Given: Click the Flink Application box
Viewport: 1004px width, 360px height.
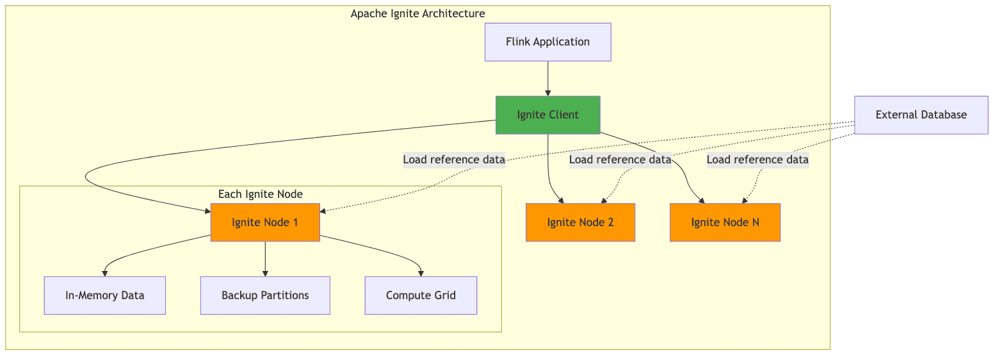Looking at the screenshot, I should [548, 42].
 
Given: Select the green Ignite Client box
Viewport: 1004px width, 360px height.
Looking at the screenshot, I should [548, 115].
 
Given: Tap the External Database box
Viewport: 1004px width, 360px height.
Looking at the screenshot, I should [921, 115].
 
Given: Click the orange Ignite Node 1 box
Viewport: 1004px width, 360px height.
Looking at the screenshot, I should [265, 222].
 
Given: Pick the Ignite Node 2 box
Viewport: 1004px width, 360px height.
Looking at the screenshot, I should [580, 222].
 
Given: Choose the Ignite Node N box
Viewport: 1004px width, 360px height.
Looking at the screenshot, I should [725, 222].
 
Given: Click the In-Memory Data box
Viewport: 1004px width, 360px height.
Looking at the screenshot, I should [105, 295].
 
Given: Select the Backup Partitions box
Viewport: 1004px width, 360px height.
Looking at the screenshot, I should [265, 295].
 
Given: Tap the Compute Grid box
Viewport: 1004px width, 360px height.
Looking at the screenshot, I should [421, 295].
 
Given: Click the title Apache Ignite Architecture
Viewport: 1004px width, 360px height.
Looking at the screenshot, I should [417, 13].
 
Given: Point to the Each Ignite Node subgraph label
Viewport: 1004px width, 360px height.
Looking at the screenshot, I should [260, 194].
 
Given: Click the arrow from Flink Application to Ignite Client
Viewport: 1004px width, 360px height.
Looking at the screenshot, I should [548, 79].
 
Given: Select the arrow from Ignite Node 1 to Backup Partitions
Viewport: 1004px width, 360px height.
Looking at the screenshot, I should [265, 259].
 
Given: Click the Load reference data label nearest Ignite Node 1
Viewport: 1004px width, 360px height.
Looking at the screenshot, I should [454, 160].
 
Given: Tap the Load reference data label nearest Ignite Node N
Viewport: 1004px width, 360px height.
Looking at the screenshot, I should [757, 160].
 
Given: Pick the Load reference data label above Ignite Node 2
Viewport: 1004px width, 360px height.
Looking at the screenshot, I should [620, 160].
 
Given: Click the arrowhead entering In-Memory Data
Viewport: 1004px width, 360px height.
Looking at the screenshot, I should [105, 274].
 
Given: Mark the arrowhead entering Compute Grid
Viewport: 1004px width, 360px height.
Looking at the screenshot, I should [421, 274].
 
